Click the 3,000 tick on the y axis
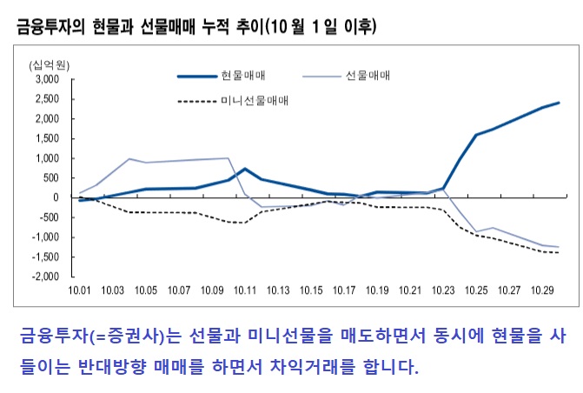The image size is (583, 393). tap(45, 79)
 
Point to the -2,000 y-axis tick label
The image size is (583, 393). tap(43, 276)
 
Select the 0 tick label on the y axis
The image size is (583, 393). tap(54, 197)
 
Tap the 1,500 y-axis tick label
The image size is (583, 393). tap(45, 138)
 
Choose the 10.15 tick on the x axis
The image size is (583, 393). tap(311, 290)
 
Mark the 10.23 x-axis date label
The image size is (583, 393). tap(443, 290)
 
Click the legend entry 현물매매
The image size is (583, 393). tap(240, 76)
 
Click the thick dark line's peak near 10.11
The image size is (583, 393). tap(245, 169)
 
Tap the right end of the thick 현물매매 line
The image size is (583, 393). tap(559, 103)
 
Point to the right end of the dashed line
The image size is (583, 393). tap(559, 252)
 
